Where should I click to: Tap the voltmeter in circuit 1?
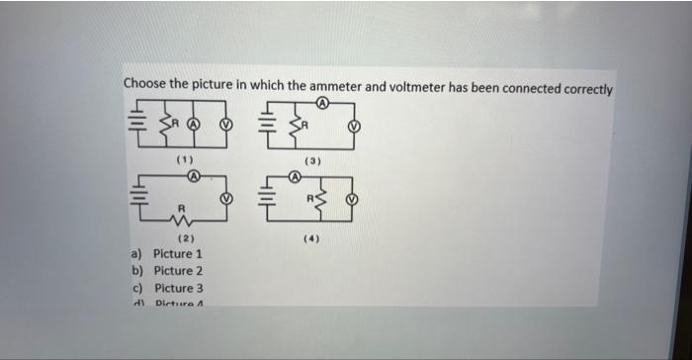226,126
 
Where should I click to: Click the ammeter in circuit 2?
195,176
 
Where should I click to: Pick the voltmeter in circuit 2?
226,198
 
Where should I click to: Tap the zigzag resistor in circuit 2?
181,219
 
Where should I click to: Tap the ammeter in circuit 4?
293,176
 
